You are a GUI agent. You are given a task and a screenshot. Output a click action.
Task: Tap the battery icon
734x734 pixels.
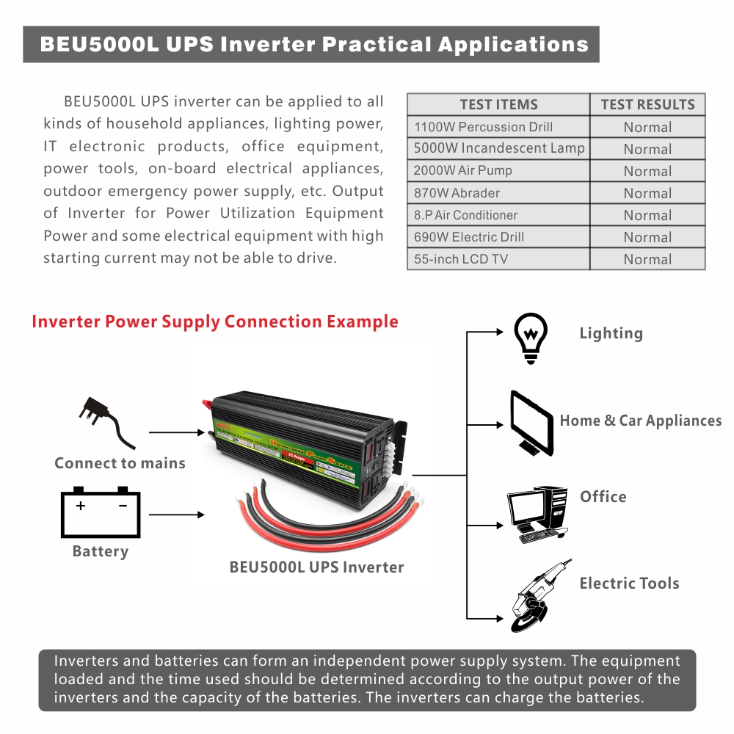(x=101, y=512)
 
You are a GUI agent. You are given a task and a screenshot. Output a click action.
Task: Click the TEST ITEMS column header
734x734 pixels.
(x=498, y=104)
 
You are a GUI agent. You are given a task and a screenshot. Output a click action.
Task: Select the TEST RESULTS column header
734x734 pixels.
(x=647, y=104)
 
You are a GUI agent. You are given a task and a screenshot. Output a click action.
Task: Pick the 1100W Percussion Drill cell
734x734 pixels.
(x=484, y=127)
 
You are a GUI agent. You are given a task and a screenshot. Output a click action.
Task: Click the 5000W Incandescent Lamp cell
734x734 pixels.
(x=499, y=148)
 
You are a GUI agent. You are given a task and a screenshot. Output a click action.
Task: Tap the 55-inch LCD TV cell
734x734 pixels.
(x=461, y=259)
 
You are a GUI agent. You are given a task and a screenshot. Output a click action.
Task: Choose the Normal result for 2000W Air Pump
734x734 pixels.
(x=647, y=171)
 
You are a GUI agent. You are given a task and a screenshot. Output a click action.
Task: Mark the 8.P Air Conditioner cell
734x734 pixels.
(x=466, y=215)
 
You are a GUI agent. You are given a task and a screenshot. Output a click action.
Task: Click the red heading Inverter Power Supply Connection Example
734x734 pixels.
(x=215, y=321)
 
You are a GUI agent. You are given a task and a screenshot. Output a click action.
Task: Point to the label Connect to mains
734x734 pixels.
(x=120, y=463)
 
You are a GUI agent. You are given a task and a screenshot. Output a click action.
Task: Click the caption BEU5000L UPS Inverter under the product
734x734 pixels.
(x=316, y=567)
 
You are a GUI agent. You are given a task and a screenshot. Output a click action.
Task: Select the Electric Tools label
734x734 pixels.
(x=629, y=584)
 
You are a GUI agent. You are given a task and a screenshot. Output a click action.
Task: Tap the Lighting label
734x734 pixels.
(x=611, y=333)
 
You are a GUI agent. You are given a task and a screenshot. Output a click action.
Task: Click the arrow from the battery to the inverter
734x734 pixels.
(x=176, y=515)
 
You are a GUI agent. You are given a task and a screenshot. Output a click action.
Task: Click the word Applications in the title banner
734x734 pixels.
(x=513, y=44)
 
